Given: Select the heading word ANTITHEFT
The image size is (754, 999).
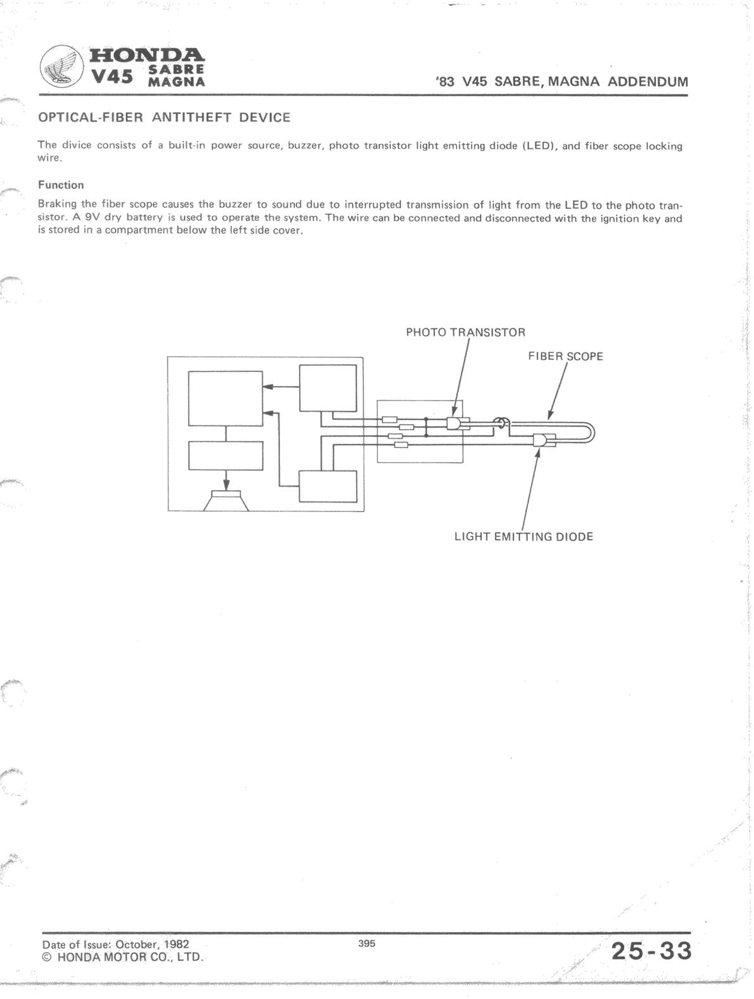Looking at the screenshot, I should [190, 118].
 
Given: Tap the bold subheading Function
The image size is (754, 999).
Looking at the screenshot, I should [61, 185].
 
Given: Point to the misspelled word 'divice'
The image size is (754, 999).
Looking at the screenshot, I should [75, 146].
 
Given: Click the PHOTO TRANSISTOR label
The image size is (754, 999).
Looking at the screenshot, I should [465, 332].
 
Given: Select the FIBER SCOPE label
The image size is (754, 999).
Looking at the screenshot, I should [565, 356].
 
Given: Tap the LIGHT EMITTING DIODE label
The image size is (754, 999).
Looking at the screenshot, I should [523, 536].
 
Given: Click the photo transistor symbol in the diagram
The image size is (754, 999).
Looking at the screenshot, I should [455, 423].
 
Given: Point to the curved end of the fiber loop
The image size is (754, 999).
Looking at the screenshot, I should [592, 434].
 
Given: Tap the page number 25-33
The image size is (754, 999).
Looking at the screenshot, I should [651, 951].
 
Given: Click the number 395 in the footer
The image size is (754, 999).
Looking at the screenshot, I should [366, 944].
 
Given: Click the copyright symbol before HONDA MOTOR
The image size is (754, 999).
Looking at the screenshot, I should [46, 957].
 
